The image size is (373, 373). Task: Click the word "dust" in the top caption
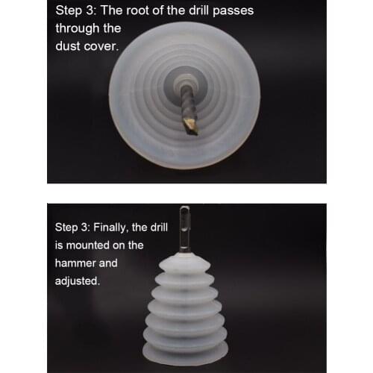[x=68, y=46]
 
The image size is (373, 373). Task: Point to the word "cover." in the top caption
[x=101, y=47]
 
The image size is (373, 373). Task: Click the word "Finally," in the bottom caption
[x=110, y=228]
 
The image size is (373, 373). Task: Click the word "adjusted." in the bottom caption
[x=78, y=281]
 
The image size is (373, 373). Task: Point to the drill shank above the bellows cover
[x=184, y=227]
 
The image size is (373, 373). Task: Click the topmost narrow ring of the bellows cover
[x=184, y=263]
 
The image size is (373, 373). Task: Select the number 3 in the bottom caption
[x=85, y=228]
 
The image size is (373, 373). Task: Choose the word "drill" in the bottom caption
[x=159, y=228]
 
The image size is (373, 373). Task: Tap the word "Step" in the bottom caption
[x=66, y=228]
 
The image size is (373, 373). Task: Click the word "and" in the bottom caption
[x=108, y=263]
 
